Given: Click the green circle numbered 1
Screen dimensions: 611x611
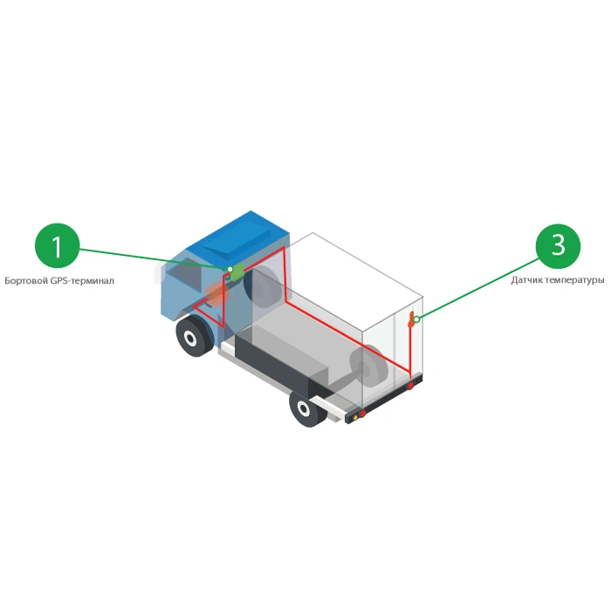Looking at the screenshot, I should (58, 246).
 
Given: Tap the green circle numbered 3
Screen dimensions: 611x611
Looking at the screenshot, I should (558, 246).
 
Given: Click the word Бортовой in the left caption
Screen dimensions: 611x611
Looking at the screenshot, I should (24, 281).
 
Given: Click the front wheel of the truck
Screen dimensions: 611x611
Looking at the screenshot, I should (194, 335).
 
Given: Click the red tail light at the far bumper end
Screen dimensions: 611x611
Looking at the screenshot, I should (411, 386).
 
